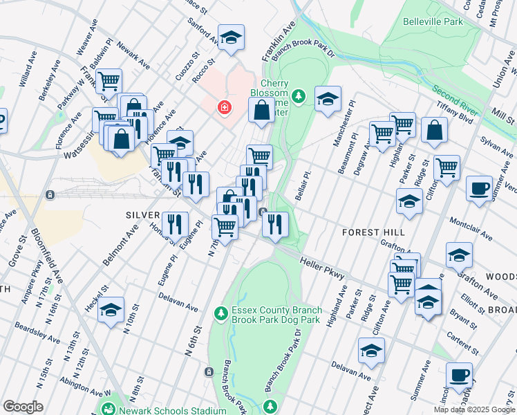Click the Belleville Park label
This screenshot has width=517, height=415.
433,21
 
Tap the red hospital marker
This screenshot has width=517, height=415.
224,107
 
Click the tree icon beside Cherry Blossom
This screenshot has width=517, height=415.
299,96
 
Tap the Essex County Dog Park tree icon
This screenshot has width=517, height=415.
220,314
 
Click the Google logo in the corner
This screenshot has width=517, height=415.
22,407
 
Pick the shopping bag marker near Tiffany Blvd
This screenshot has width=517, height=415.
434,130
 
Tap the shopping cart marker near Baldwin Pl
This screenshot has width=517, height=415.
109,81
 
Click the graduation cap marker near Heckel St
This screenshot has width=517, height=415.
110,311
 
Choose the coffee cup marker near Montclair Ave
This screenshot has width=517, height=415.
479,187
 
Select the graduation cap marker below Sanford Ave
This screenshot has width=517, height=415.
231,37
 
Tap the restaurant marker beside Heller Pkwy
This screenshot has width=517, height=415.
275,223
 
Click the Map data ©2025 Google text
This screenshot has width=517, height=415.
473,409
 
